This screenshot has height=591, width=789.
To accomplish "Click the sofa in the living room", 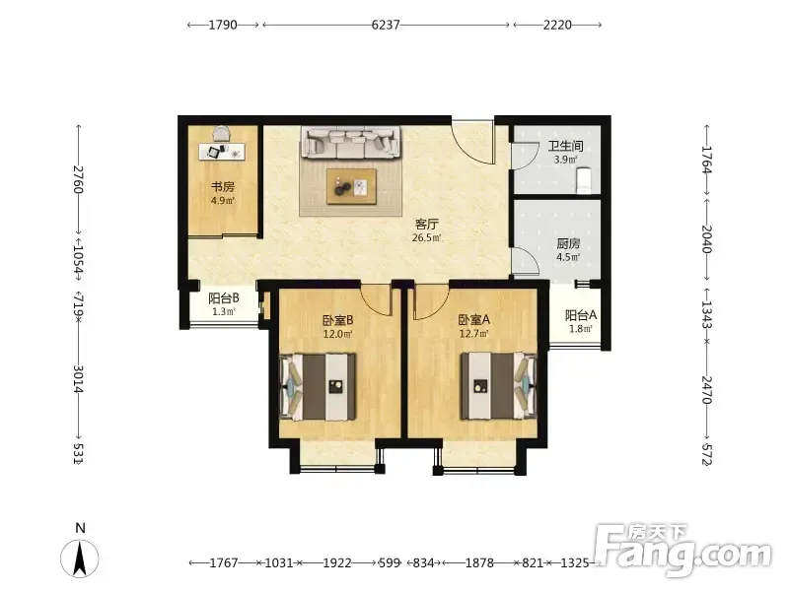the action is click(x=351, y=142).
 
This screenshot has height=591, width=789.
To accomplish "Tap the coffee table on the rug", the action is click(x=351, y=186).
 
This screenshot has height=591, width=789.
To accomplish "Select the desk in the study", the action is click(x=222, y=152).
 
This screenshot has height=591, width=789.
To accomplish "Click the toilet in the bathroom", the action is click(x=583, y=180).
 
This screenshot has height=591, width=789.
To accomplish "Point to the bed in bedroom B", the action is click(x=318, y=386).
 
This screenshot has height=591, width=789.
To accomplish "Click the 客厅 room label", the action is click(x=426, y=224).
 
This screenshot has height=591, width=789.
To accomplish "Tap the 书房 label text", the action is click(x=223, y=187).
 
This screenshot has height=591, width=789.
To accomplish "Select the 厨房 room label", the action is click(x=568, y=243).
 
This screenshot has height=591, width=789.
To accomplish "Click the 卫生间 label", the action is click(x=565, y=146).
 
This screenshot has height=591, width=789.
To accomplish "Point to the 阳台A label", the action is click(x=581, y=315).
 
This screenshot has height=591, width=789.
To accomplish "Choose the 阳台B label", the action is click(x=224, y=298).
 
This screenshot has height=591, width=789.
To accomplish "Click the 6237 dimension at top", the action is click(x=386, y=25).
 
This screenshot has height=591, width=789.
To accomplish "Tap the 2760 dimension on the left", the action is click(x=78, y=179).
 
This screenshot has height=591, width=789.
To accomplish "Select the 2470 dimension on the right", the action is click(x=707, y=390).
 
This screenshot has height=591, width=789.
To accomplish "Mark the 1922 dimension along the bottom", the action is click(x=336, y=562).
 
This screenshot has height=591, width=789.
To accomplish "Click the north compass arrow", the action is click(x=80, y=558).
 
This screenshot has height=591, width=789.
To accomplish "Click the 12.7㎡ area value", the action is click(x=473, y=333).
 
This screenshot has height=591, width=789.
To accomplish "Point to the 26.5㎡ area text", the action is click(x=426, y=237).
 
